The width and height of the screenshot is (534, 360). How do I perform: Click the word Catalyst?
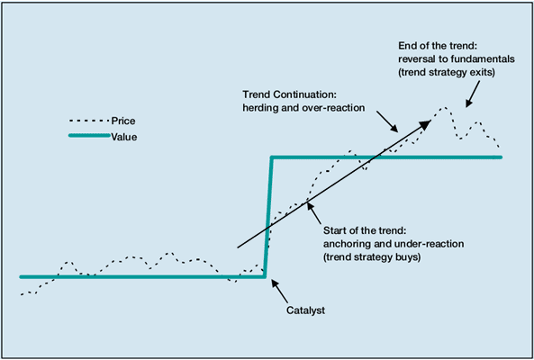click(x=305, y=310)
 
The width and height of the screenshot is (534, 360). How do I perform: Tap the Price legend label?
click(x=123, y=121)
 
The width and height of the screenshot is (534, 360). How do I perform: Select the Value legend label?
click(x=124, y=137)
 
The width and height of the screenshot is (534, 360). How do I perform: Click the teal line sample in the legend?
click(x=89, y=135)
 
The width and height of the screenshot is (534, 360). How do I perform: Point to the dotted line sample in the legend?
click(x=89, y=121)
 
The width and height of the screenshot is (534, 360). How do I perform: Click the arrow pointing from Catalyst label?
click(x=279, y=292)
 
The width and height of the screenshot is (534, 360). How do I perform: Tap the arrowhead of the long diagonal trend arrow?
click(x=426, y=124)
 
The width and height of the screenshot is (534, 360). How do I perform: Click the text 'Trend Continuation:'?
click(x=289, y=94)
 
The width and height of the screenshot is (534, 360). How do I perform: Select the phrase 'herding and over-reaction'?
click(x=303, y=108)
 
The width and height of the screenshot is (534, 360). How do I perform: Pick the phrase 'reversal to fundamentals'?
click(x=457, y=59)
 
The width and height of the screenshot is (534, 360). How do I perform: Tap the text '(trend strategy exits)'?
click(x=447, y=73)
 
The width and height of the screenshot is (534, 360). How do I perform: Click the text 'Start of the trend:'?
click(x=365, y=230)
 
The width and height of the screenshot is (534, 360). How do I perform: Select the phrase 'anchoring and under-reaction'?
click(x=394, y=244)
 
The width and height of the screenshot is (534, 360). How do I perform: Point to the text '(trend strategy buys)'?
click(x=372, y=257)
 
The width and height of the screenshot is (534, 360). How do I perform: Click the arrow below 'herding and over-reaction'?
click(x=387, y=121)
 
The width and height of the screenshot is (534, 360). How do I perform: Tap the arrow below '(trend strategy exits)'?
click(x=473, y=94)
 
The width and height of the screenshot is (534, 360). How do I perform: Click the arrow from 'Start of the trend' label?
click(x=313, y=213)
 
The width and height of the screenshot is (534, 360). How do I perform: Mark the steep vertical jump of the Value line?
click(x=268, y=217)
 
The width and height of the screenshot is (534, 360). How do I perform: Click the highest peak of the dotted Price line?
click(x=444, y=108)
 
